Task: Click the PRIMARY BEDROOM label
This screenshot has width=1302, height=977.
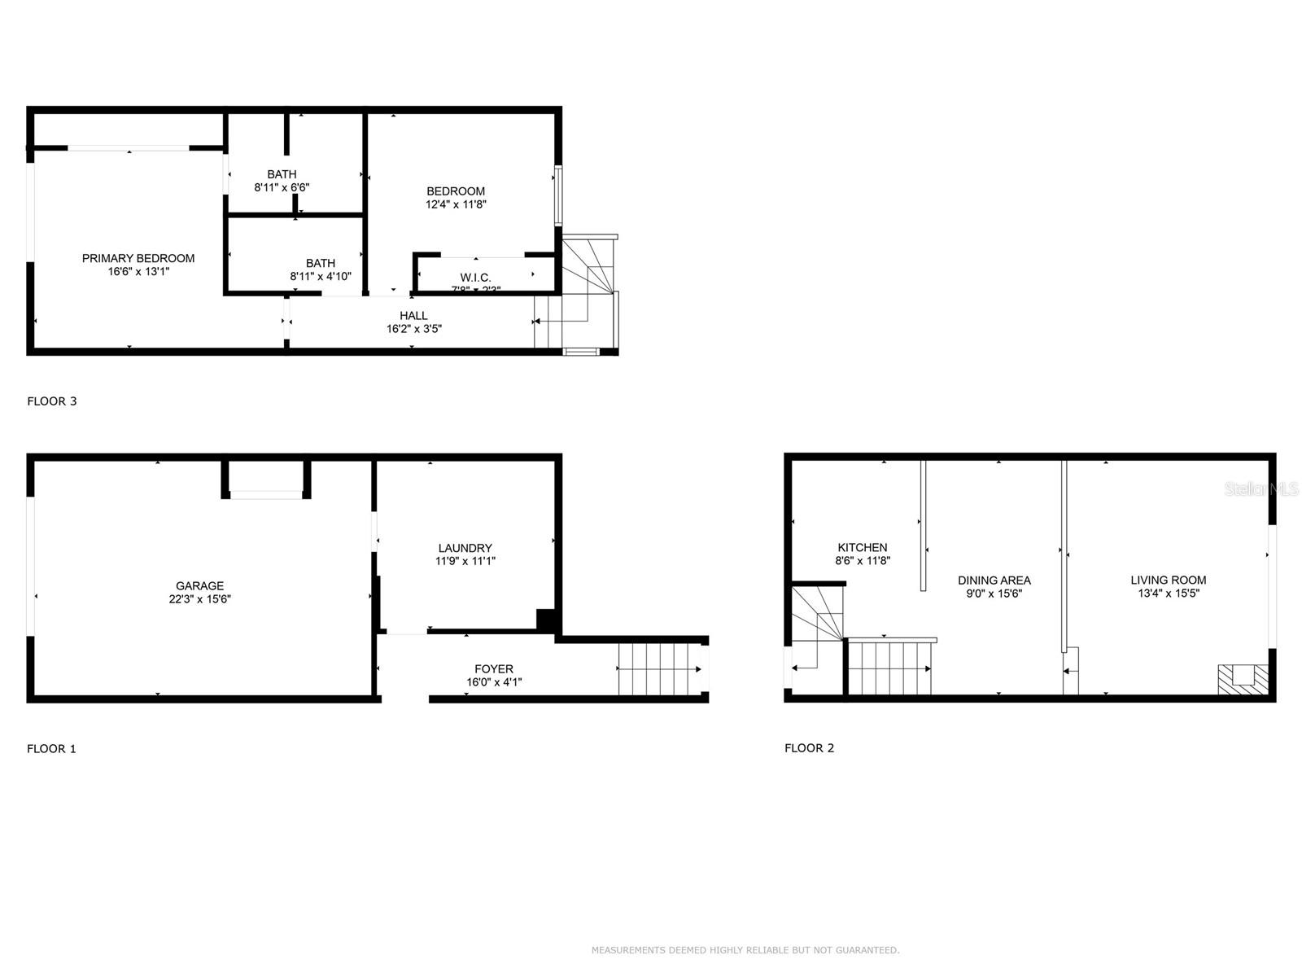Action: (x=138, y=258)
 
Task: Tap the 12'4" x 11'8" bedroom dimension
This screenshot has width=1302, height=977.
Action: (x=456, y=204)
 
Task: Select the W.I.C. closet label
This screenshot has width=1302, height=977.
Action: (x=475, y=278)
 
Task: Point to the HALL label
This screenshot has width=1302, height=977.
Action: (x=413, y=316)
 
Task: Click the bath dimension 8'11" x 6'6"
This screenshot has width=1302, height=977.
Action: (x=282, y=187)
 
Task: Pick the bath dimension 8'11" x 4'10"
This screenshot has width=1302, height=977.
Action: (x=321, y=276)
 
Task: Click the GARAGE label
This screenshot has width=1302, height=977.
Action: (x=199, y=585)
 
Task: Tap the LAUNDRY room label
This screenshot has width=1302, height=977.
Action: (x=465, y=548)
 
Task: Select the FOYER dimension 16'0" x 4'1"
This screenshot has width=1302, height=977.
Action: (x=494, y=682)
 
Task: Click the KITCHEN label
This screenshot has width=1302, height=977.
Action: (x=863, y=547)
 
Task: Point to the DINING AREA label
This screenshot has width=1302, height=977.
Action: (x=994, y=581)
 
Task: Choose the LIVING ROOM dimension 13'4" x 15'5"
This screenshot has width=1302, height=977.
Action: (x=1169, y=594)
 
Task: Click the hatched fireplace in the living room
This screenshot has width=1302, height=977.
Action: (x=1243, y=679)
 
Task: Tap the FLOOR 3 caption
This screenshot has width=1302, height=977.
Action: (x=52, y=401)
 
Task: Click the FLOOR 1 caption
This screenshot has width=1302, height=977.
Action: (x=51, y=748)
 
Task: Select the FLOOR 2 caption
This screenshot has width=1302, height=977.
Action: (x=809, y=747)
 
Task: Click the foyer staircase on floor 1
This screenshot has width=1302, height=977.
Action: (x=659, y=669)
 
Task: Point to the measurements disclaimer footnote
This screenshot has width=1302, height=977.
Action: (x=745, y=950)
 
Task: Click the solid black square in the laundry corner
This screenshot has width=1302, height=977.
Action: (x=546, y=620)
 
